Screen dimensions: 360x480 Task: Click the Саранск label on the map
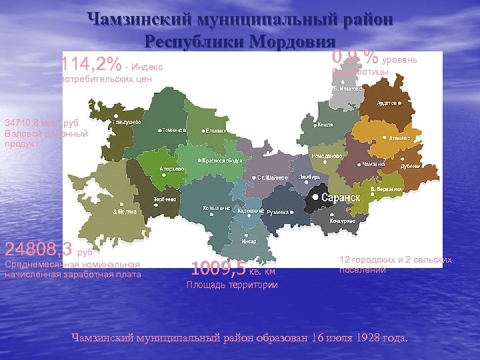point(341,198)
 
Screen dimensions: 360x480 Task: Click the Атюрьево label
point(172,168)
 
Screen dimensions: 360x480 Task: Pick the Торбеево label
point(165,199)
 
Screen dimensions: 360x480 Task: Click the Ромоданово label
point(327,155)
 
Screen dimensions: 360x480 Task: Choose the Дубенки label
point(409,166)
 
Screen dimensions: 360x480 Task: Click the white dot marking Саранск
point(315,198)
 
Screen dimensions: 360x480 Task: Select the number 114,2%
point(91,65)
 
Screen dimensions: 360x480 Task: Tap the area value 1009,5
point(218,269)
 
